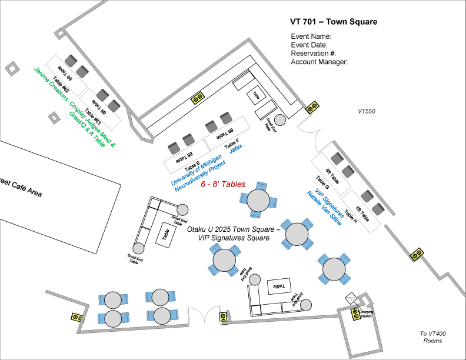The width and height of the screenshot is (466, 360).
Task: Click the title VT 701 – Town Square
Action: pyautogui.click(x=334, y=22)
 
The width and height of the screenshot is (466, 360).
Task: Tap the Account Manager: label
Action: pyautogui.click(x=320, y=61)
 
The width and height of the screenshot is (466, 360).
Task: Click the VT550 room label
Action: pyautogui.click(x=367, y=111)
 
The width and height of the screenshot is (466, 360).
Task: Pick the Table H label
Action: pyautogui.click(x=352, y=215)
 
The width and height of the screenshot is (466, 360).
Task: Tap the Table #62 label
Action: pyautogui.click(x=62, y=86)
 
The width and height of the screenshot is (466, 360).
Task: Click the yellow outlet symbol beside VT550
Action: pyautogui.click(x=312, y=108)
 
